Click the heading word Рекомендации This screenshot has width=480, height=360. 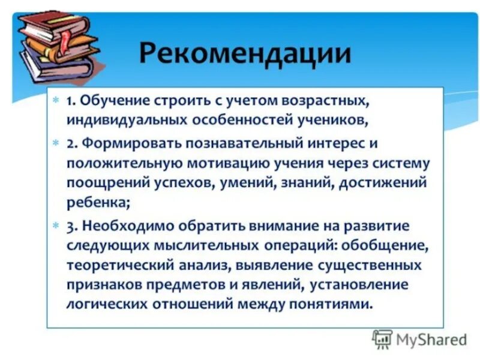tap(245, 53)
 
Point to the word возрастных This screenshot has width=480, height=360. tap(331, 100)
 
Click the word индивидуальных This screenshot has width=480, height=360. tap(127, 119)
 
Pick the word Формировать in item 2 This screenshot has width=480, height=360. tap(124, 144)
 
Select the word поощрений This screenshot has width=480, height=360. tap(99, 183)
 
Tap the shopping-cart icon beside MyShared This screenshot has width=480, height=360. tap(382, 339)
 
